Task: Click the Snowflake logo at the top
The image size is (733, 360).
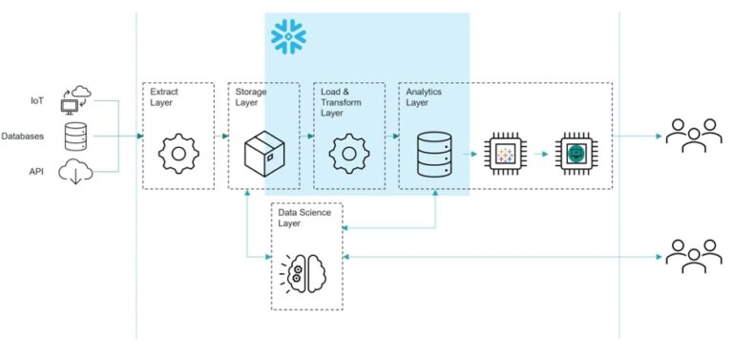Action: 288,36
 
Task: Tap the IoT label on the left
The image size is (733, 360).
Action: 37,98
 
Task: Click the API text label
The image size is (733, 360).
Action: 37,172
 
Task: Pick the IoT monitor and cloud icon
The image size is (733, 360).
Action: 75,98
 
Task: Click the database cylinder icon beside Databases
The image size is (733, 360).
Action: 76,137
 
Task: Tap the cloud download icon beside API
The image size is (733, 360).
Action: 75,173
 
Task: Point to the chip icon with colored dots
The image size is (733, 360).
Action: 506,153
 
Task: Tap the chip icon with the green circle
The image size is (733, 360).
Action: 576,153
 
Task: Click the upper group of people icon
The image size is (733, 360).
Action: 687,137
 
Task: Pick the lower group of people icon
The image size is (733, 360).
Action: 687,258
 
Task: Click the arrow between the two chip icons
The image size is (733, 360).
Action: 542,153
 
